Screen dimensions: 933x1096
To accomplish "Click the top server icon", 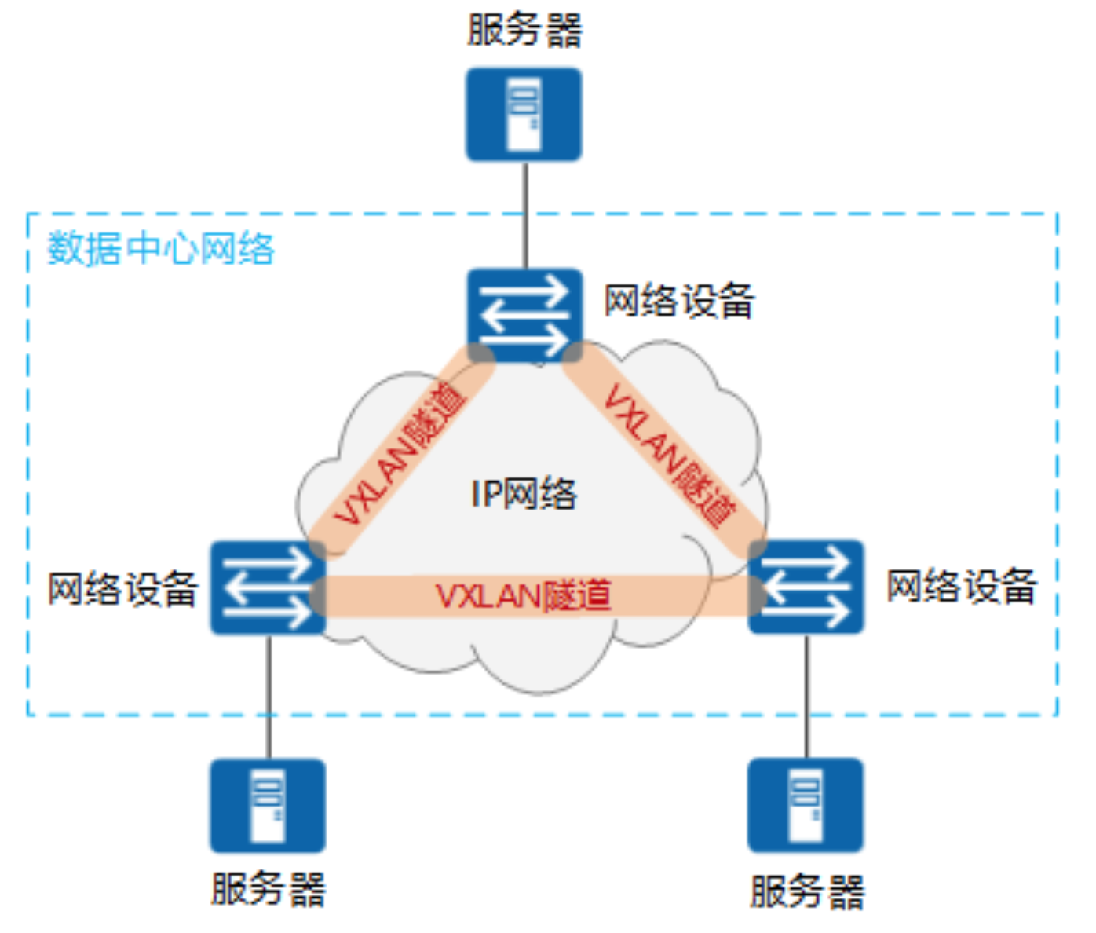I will pyautogui.click(x=524, y=115).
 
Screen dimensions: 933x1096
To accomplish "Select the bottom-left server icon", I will pyautogui.click(x=268, y=805).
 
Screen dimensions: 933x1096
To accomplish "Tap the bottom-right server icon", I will pyautogui.click(x=806, y=805).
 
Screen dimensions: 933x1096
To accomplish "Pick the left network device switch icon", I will pyautogui.click(x=268, y=587).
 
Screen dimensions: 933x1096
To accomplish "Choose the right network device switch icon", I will pyautogui.click(x=806, y=586).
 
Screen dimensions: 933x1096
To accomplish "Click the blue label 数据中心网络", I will pyautogui.click(x=161, y=249).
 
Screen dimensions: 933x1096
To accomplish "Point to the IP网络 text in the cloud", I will pyautogui.click(x=524, y=494).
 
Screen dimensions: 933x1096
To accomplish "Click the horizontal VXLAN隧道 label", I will pyautogui.click(x=524, y=596).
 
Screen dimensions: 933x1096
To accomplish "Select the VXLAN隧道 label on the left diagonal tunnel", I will pyautogui.click(x=400, y=454).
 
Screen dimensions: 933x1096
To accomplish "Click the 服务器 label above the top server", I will pyautogui.click(x=524, y=31).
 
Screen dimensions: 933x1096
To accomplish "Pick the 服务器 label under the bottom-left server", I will pyautogui.click(x=268, y=890).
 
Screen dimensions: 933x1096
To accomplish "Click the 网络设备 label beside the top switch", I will pyautogui.click(x=679, y=301).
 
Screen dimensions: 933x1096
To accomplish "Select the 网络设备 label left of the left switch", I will pyautogui.click(x=122, y=588).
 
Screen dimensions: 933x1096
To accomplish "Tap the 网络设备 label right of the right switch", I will pyautogui.click(x=961, y=586).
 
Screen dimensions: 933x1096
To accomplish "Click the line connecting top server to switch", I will pyautogui.click(x=524, y=214).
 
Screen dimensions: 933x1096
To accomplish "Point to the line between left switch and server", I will pyautogui.click(x=269, y=696).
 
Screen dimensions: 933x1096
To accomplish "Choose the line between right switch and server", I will pyautogui.click(x=806, y=696).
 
